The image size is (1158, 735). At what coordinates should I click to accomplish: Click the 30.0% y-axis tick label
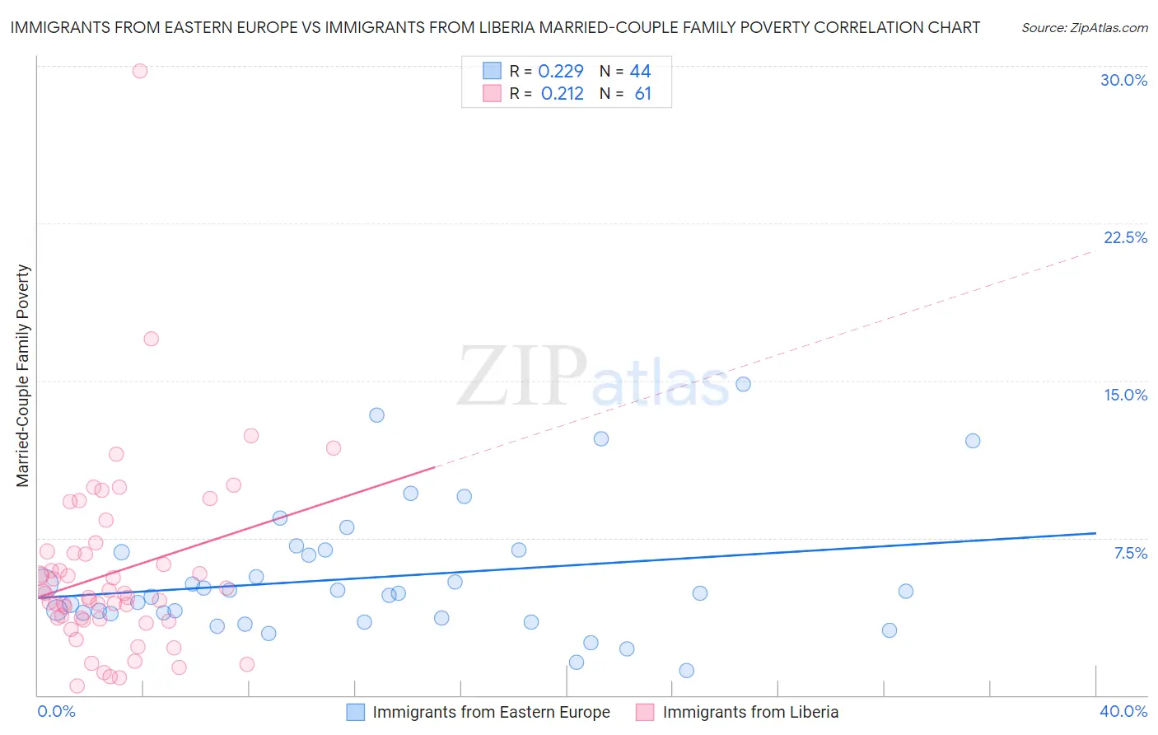click(1123, 80)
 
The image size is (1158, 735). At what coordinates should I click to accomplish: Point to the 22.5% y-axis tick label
click(1125, 237)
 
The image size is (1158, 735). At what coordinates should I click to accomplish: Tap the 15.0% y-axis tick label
click(1125, 395)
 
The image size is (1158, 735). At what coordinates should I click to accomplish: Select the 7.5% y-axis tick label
click(1130, 553)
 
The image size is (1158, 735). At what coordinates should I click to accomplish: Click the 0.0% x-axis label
click(56, 711)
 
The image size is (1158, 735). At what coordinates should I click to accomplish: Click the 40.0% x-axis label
click(1123, 711)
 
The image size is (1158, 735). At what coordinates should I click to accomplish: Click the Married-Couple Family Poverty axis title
click(23, 376)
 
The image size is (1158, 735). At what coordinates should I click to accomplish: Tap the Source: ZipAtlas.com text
click(1084, 28)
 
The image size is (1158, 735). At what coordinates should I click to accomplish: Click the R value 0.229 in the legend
click(560, 72)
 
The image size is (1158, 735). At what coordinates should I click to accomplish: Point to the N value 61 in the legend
click(642, 94)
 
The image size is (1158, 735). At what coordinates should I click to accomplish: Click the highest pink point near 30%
click(140, 71)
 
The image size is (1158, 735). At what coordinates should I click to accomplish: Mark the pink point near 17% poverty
click(151, 339)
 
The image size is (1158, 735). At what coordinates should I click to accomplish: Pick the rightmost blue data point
click(973, 441)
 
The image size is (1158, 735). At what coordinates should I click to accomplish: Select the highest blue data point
click(743, 384)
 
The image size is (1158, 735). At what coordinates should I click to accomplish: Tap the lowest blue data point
click(686, 671)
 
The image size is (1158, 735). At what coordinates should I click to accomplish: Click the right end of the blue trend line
click(1095, 533)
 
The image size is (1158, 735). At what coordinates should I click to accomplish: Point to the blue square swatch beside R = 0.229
click(492, 71)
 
